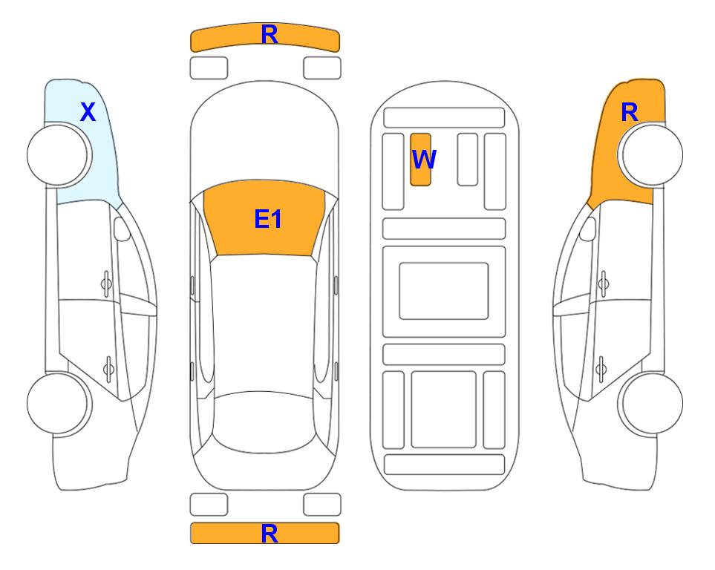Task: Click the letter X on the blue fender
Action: point(88,112)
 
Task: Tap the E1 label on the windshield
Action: point(268,219)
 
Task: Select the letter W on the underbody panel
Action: point(424,160)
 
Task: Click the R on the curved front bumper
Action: point(270,35)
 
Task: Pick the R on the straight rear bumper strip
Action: point(270,534)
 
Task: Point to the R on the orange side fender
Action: point(630,112)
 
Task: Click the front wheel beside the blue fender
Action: point(58,154)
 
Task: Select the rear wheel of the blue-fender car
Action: point(58,403)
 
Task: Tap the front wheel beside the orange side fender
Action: point(652,154)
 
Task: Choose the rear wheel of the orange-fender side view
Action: point(652,403)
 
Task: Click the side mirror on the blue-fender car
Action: point(122,229)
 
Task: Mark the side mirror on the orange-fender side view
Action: point(587,229)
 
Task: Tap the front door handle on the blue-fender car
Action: point(106,284)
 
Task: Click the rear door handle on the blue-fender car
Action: point(108,368)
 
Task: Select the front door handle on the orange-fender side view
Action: point(604,284)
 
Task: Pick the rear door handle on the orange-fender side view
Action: point(601,368)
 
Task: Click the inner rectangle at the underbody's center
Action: point(444,291)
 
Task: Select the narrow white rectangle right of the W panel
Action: point(468,160)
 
